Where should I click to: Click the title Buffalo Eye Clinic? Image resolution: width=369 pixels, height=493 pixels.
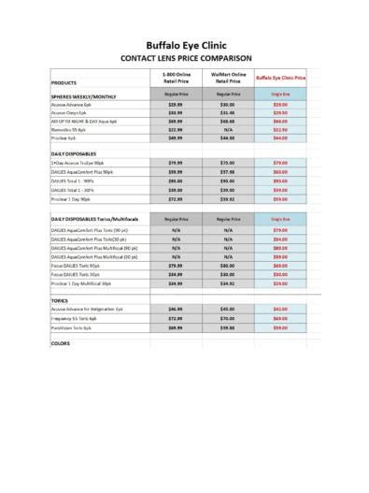(185, 44)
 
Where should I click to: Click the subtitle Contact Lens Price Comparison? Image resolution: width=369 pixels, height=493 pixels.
(185, 58)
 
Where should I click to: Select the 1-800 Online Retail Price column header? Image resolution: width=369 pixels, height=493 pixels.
(176, 77)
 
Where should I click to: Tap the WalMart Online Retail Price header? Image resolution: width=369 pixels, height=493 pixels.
(227, 77)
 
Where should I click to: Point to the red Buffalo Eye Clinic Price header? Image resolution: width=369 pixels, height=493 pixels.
(279, 78)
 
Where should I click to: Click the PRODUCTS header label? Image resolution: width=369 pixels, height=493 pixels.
(64, 83)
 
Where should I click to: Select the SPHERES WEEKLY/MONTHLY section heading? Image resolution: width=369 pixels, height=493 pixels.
(84, 96)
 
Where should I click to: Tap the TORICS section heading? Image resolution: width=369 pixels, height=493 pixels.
(60, 299)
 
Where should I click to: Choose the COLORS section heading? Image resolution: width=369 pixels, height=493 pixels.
(61, 343)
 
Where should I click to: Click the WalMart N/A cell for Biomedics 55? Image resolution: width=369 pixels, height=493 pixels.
(227, 129)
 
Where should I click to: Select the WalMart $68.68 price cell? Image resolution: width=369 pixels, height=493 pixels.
(227, 122)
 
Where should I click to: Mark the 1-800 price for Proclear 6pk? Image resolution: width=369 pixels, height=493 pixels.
(176, 138)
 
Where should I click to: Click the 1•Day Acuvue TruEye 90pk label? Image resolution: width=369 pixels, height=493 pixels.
(78, 163)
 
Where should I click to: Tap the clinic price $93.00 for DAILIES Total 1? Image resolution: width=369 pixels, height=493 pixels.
(279, 181)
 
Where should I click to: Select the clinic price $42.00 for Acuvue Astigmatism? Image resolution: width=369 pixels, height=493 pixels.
(279, 309)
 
